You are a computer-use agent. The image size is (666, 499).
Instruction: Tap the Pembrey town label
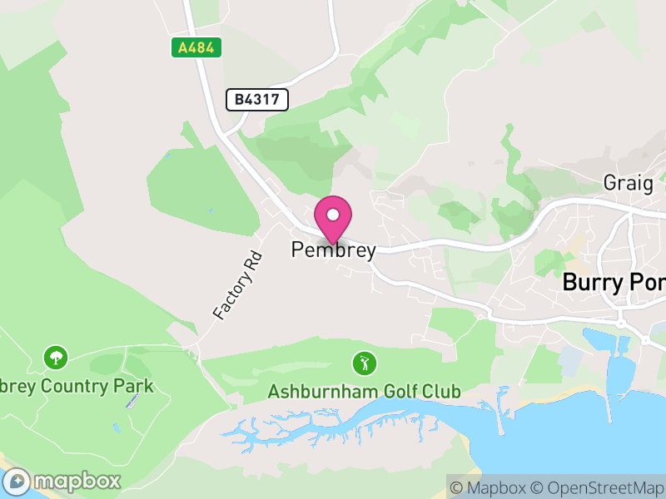[x=333, y=249]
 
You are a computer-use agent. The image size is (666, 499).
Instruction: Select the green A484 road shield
[x=197, y=47]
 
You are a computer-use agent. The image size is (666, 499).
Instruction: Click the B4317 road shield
[x=257, y=100]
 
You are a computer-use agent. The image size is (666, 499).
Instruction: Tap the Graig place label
[x=628, y=184]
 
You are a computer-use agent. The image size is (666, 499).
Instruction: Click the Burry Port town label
[x=614, y=282]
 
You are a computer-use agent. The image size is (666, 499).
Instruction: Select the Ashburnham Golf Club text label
[x=364, y=391]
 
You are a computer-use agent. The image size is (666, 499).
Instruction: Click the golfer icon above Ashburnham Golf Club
[x=364, y=363]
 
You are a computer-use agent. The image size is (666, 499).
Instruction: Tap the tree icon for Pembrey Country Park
[x=56, y=358]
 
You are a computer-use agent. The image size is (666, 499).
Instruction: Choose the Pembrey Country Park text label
[x=77, y=386]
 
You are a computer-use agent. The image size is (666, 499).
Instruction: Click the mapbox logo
[x=63, y=481]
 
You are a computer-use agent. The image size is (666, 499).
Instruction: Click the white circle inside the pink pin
[x=333, y=215]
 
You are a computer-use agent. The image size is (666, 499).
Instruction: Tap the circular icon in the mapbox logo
[x=17, y=481]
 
